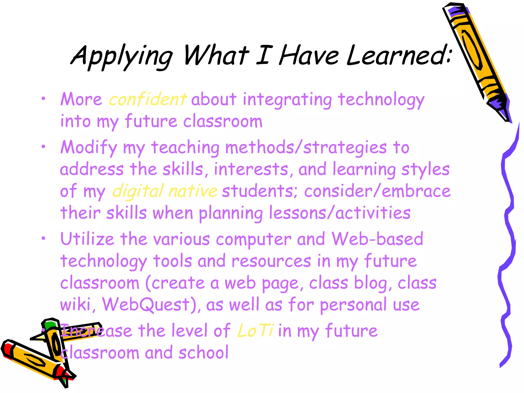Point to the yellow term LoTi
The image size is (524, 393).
(256, 331)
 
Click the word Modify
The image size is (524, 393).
(89, 148)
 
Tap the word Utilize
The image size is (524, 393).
(87, 239)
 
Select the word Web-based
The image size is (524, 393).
(377, 239)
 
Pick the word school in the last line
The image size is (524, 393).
(203, 353)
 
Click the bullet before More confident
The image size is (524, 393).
(43, 99)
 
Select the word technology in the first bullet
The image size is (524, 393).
(381, 100)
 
